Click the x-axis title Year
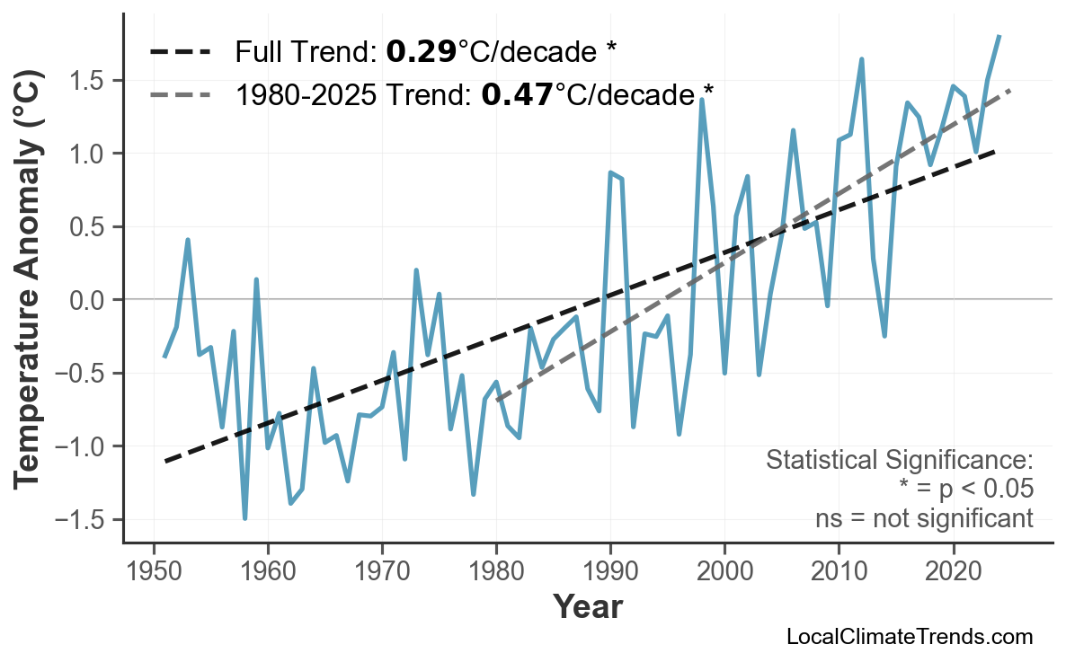point(587,607)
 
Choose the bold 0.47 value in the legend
point(517,93)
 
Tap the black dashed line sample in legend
point(180,52)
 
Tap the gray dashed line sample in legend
point(180,93)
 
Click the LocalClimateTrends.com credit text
point(909,638)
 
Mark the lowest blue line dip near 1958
point(244,518)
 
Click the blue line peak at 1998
point(701,100)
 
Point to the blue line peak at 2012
point(861,59)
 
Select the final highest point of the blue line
point(999,36)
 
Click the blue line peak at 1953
point(188,240)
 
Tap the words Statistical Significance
point(899,461)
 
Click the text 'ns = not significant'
point(924,519)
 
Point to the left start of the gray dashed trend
point(497,400)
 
